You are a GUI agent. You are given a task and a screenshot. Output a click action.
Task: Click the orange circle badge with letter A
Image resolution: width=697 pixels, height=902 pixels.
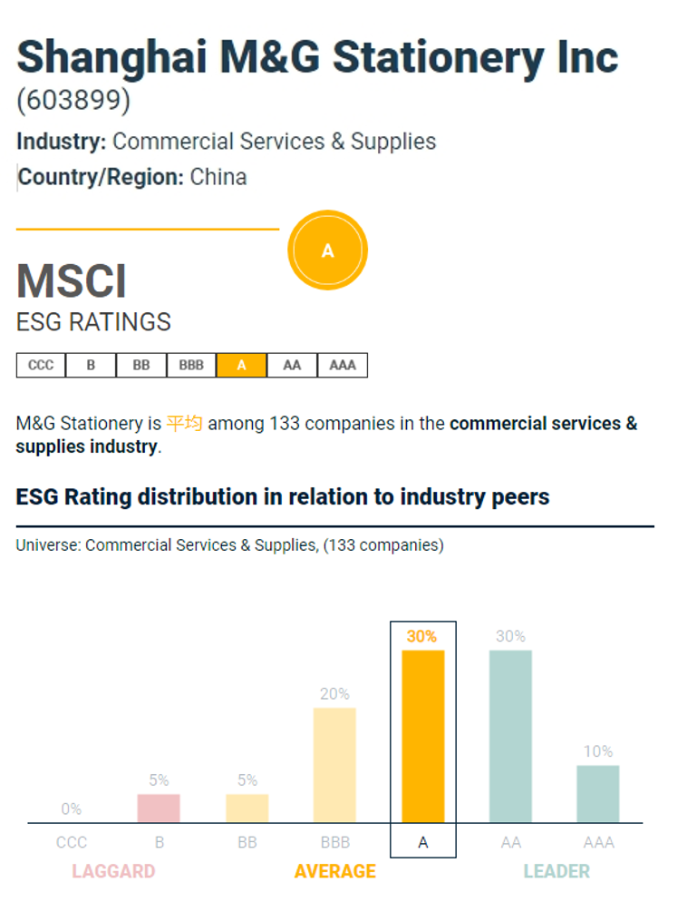coord(327,250)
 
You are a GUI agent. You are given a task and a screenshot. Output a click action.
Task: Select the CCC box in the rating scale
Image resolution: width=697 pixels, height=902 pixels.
coord(41,366)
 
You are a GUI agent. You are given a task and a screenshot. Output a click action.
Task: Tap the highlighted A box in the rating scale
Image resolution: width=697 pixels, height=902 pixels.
coord(241,366)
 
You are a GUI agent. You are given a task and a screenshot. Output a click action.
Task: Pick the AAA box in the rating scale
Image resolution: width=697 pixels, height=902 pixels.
coord(342,366)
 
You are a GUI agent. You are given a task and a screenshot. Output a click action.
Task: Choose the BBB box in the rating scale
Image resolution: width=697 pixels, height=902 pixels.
coord(191,366)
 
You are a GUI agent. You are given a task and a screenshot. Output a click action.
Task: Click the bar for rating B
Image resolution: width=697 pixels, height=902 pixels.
coord(159,808)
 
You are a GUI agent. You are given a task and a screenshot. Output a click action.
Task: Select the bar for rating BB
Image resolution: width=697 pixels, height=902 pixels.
coord(247,808)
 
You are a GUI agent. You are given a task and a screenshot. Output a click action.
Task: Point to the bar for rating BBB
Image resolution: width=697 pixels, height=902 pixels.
coord(334,765)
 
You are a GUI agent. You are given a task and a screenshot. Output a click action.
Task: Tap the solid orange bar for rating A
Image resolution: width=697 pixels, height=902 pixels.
coord(423,736)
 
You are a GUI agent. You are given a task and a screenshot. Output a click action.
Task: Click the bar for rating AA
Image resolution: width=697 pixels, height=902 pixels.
coord(510,736)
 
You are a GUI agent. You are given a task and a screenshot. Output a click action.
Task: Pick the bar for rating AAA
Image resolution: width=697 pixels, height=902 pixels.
coord(598,793)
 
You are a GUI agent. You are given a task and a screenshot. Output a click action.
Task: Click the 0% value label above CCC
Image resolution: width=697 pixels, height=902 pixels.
coord(71,809)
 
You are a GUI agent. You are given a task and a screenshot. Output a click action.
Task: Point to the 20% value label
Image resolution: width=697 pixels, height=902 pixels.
coord(334,694)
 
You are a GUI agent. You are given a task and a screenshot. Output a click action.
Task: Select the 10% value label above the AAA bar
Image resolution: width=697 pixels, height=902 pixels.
coord(598,751)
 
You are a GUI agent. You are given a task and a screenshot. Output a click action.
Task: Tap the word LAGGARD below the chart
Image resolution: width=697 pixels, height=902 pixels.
coord(113,871)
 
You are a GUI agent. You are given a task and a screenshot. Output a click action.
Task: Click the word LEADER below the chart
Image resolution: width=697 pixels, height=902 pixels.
coord(557,871)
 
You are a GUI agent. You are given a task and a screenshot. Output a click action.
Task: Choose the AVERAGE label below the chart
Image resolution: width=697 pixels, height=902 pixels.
coord(334,871)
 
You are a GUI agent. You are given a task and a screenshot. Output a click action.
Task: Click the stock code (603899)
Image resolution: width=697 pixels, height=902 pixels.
coord(73,101)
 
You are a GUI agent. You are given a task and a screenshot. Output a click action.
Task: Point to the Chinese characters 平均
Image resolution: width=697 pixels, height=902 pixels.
coord(184,423)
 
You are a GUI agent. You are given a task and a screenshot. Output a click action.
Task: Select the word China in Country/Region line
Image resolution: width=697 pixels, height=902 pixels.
coord(218,176)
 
